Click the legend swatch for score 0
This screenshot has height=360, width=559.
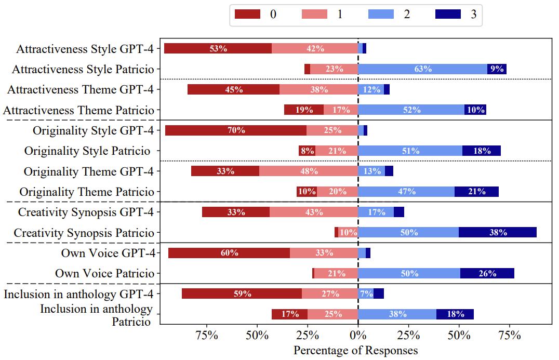(247, 14)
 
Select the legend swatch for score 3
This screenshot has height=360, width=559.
(448, 14)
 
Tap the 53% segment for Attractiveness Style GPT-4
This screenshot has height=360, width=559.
(218, 48)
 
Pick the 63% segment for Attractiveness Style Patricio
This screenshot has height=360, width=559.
(423, 69)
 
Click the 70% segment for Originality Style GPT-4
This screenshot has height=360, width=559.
(236, 130)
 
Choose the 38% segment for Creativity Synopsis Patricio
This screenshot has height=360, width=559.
(498, 232)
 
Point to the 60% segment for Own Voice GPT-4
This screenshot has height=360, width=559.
(229, 253)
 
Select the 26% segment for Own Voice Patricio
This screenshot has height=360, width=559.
(487, 273)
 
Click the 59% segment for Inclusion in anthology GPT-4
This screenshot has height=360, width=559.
(242, 294)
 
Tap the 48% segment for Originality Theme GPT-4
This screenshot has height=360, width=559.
(309, 171)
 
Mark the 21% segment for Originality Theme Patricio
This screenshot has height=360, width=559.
(476, 192)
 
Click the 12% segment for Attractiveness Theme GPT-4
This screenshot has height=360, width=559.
(371, 89)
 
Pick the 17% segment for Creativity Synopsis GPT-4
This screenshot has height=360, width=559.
(376, 212)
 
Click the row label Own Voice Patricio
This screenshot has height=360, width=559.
(104, 273)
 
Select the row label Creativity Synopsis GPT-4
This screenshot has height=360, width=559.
(86, 212)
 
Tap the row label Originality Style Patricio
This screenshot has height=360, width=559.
(89, 151)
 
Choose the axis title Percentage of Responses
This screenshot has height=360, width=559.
(355, 350)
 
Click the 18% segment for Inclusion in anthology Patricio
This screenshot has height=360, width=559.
(455, 314)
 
